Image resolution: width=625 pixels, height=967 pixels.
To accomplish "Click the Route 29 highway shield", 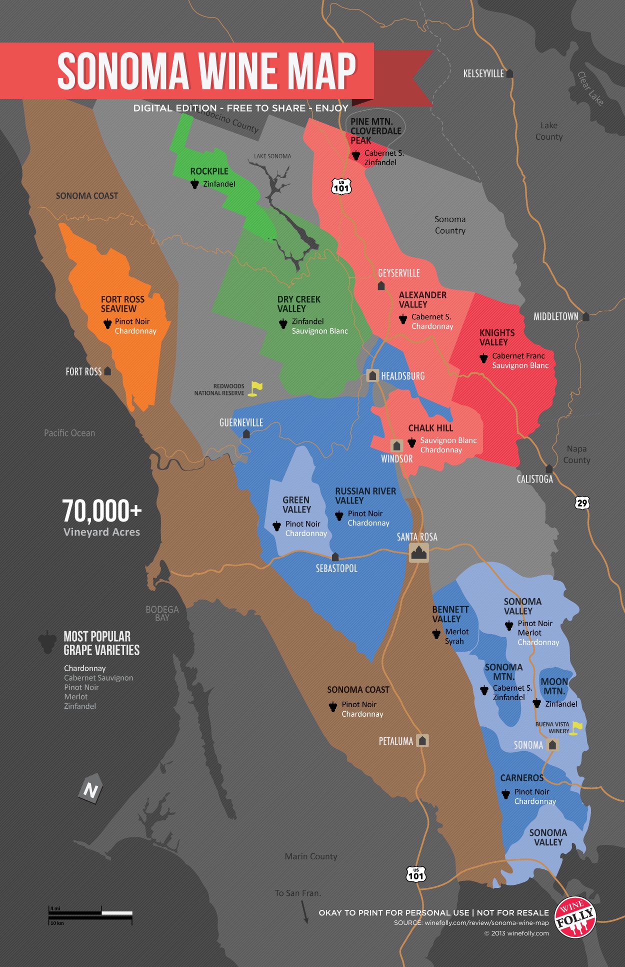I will pyautogui.click(x=582, y=503).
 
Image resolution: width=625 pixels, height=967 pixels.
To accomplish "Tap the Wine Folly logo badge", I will pyautogui.click(x=575, y=917).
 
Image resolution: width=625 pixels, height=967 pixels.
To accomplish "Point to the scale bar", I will pyautogui.click(x=90, y=915).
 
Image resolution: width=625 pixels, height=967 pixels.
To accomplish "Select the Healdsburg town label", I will pyautogui.click(x=402, y=376).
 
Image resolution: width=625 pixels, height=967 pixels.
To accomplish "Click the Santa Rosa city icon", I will pyautogui.click(x=418, y=553).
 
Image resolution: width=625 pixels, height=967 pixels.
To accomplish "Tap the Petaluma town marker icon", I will pyautogui.click(x=422, y=740).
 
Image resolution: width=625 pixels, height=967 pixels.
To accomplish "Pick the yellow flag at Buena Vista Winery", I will pyautogui.click(x=577, y=727).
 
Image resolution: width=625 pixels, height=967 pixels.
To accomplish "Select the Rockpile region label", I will pyautogui.click(x=209, y=171).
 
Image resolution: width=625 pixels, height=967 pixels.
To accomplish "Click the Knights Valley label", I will pyautogui.click(x=496, y=337).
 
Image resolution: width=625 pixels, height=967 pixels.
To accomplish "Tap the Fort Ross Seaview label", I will pyautogui.click(x=122, y=304).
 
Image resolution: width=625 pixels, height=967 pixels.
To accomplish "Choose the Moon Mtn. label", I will pyautogui.click(x=554, y=686).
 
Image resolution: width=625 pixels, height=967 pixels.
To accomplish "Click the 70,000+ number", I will pyautogui.click(x=102, y=511).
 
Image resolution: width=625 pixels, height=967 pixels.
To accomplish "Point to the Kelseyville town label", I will pyautogui.click(x=483, y=74).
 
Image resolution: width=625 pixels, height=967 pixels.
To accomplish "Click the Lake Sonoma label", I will pyautogui.click(x=272, y=156).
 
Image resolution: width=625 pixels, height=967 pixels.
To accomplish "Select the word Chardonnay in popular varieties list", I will pyautogui.click(x=84, y=668).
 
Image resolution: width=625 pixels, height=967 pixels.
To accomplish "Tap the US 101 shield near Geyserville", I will pyautogui.click(x=341, y=187).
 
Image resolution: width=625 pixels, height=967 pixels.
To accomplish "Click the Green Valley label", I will pyautogui.click(x=296, y=505).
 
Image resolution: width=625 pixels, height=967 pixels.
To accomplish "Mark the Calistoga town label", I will pyautogui.click(x=534, y=479).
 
